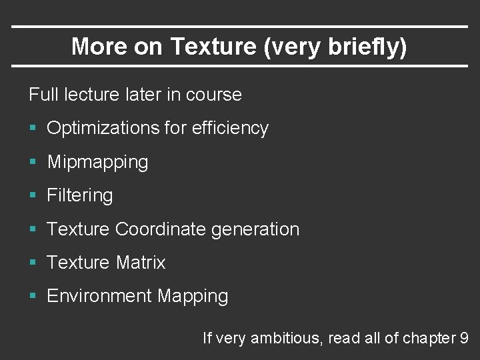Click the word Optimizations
point(102,128)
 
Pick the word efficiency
point(230,128)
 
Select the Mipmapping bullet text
point(97,162)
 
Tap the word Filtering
point(80,195)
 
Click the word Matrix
point(140,263)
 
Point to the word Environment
point(99,296)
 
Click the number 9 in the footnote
point(464,338)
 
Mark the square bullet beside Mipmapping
point(33,162)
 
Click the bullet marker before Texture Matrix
point(33,263)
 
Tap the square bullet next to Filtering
point(33,196)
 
